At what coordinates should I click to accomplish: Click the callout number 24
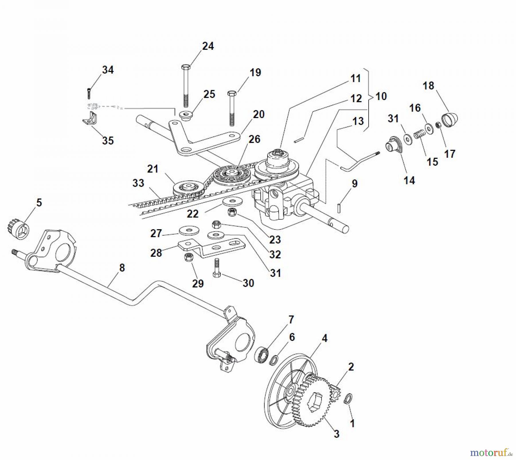click(x=208, y=46)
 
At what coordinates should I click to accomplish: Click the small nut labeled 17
click(x=438, y=125)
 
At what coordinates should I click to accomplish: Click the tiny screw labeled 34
click(x=89, y=93)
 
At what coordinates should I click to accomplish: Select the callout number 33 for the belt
click(x=138, y=183)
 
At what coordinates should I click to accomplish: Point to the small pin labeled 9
click(x=339, y=208)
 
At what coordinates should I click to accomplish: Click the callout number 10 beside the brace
click(x=381, y=96)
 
